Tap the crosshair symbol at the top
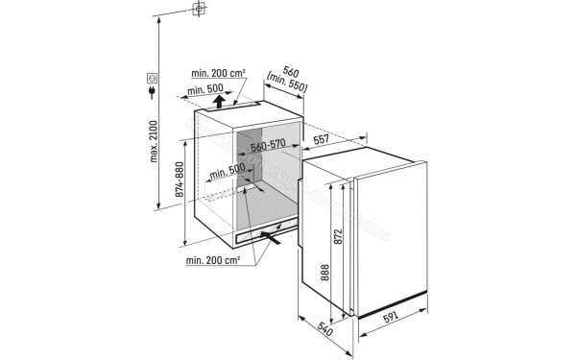tap(199, 11)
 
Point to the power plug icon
tap(152, 94)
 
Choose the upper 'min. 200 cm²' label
tap(217, 73)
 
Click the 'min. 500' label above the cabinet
tap(204, 90)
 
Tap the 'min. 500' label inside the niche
tap(230, 172)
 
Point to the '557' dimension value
tap(322, 139)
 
